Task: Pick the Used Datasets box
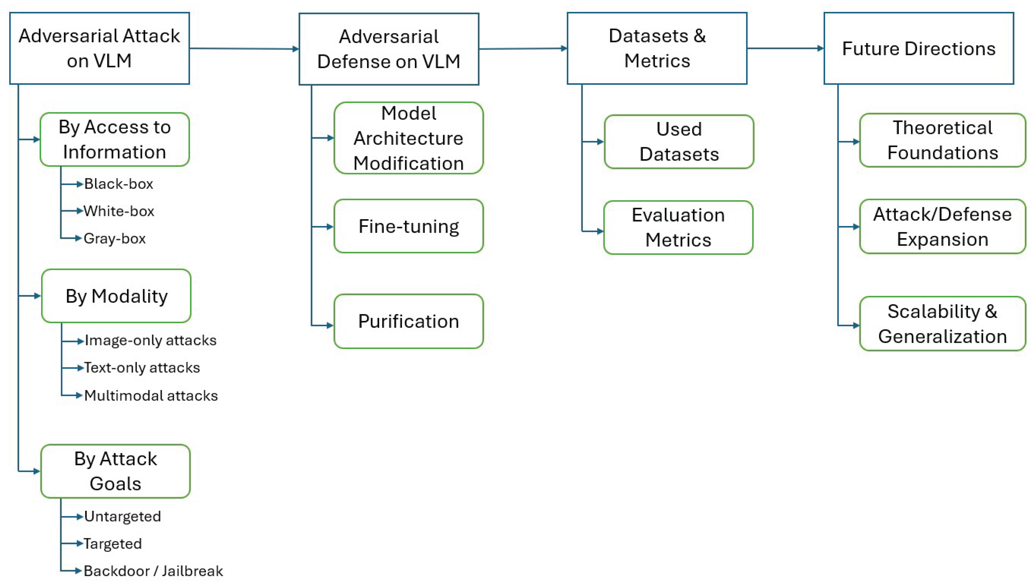point(679,142)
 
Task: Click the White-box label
point(119,211)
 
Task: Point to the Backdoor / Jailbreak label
point(153,571)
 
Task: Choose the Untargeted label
point(122,516)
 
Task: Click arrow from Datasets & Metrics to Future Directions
point(785,48)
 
